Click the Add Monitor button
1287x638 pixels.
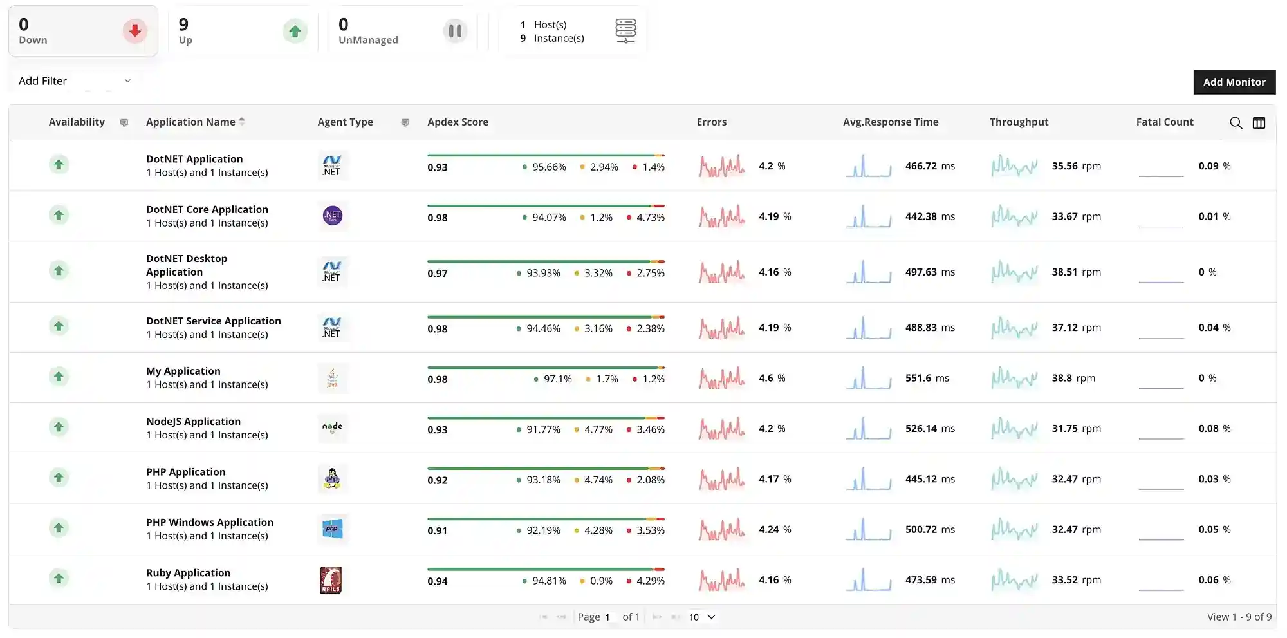[x=1234, y=82]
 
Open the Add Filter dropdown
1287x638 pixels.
[x=74, y=81]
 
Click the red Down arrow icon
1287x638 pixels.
[x=134, y=31]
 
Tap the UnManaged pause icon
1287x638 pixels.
[x=454, y=31]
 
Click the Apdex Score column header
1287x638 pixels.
[x=458, y=122]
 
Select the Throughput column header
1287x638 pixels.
[x=1018, y=122]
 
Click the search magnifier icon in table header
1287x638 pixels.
[x=1236, y=123]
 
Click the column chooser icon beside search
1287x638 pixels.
[x=1259, y=123]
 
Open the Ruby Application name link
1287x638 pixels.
[x=188, y=573]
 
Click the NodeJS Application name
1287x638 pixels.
[x=193, y=422]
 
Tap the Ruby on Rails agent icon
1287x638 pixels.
[x=331, y=580]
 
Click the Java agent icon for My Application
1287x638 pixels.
[x=332, y=378]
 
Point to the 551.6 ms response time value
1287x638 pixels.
[x=927, y=379]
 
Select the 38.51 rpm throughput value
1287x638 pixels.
[x=1076, y=272]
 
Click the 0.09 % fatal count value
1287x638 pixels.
[x=1214, y=166]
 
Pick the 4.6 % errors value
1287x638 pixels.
[x=772, y=379]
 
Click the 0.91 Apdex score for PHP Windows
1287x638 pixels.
[x=437, y=531]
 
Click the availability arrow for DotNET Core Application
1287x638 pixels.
[x=59, y=215]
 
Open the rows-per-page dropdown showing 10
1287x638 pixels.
[x=701, y=617]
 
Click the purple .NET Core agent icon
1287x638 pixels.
[x=332, y=216]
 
